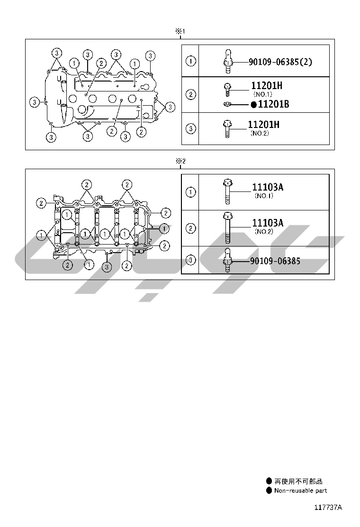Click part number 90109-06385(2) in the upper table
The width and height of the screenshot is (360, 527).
280,62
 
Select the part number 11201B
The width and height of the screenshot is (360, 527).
273,104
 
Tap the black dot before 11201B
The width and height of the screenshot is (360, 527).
254,104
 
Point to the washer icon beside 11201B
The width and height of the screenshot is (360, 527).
227,104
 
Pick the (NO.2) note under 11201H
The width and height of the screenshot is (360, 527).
259,134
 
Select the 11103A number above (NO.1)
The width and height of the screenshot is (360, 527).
268,187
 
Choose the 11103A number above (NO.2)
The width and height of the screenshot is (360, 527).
268,223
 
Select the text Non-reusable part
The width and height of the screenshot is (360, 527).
301,491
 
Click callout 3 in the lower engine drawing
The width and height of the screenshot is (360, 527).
108,267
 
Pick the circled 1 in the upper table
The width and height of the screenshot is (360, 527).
190,61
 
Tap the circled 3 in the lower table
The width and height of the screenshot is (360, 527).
190,260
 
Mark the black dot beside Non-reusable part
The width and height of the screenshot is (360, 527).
269,491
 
